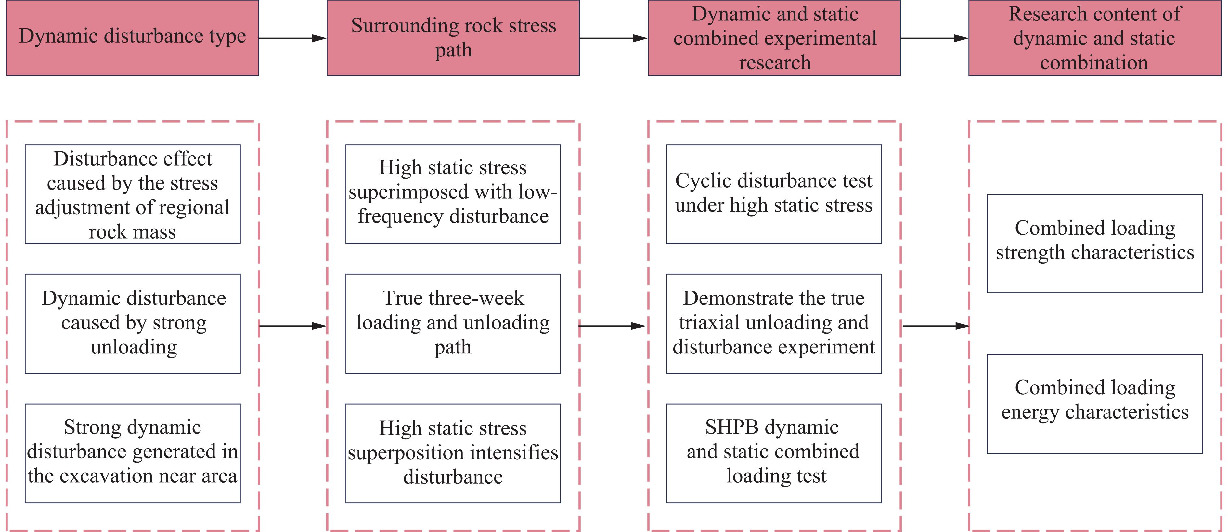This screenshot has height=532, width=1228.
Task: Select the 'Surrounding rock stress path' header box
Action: (453, 38)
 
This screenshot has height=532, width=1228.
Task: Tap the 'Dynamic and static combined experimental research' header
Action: (774, 38)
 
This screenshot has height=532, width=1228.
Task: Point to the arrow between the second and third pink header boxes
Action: (614, 38)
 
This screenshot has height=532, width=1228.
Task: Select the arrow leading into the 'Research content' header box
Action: (934, 38)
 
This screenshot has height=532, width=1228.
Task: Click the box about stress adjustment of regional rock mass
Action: (133, 194)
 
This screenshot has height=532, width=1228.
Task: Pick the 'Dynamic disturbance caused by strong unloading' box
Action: (133, 323)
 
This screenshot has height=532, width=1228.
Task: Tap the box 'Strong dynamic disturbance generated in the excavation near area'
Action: (133, 453)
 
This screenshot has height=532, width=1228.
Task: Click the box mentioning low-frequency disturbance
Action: (453, 194)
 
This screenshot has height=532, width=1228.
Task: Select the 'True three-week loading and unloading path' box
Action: (453, 323)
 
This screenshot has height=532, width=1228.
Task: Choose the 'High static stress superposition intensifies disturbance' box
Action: (453, 453)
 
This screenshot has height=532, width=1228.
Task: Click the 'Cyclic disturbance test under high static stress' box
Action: (774, 194)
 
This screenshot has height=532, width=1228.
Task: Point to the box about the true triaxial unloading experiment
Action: (774, 323)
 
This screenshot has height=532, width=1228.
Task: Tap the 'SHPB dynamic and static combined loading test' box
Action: (774, 453)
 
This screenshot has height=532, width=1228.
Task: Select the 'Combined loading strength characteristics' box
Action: (1094, 243)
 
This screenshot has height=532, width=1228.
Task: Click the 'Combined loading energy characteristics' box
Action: (1094, 404)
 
